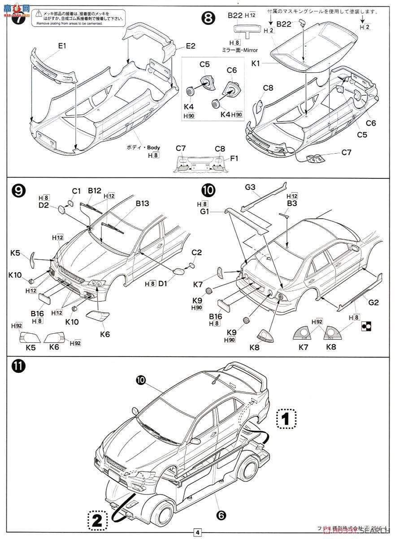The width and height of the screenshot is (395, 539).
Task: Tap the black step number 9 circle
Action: [x=18, y=190]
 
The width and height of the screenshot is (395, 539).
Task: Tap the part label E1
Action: [x=62, y=46]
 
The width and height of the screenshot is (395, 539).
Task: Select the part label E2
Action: [x=191, y=46]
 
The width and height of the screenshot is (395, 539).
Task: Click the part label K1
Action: [x=256, y=64]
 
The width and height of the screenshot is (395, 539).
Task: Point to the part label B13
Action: [x=142, y=203]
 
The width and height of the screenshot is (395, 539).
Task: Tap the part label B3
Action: [x=293, y=203]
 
